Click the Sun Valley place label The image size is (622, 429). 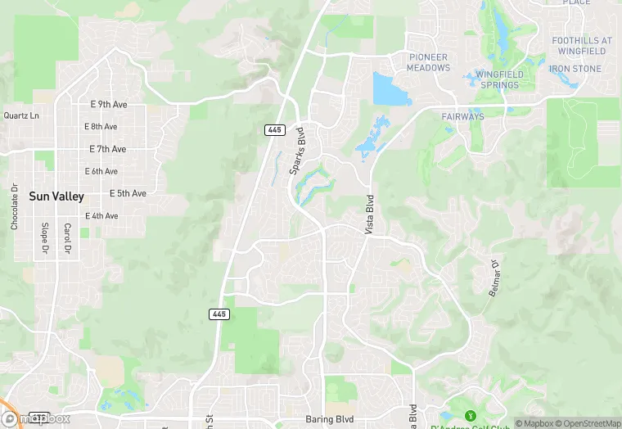click(56, 196)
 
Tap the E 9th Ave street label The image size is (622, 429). click(108, 105)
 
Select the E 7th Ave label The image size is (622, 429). click(108, 149)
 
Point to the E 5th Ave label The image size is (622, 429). click(128, 193)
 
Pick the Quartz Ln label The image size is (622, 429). click(21, 115)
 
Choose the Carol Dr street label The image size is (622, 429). click(67, 238)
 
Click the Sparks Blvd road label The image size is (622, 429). click(297, 150)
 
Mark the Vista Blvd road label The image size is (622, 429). click(369, 215)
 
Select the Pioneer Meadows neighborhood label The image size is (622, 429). click(429, 62)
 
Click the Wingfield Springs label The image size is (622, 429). click(499, 79)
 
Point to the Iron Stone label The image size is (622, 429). click(575, 70)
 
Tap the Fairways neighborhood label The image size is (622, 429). click(463, 117)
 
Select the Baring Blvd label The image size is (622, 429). click(329, 419)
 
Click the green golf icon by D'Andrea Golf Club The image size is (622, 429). click(471, 418)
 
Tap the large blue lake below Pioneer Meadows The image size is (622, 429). click(391, 88)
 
